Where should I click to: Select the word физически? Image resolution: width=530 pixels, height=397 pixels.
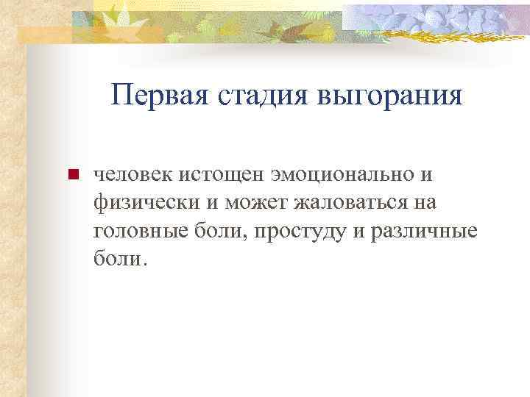coord(139,203)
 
